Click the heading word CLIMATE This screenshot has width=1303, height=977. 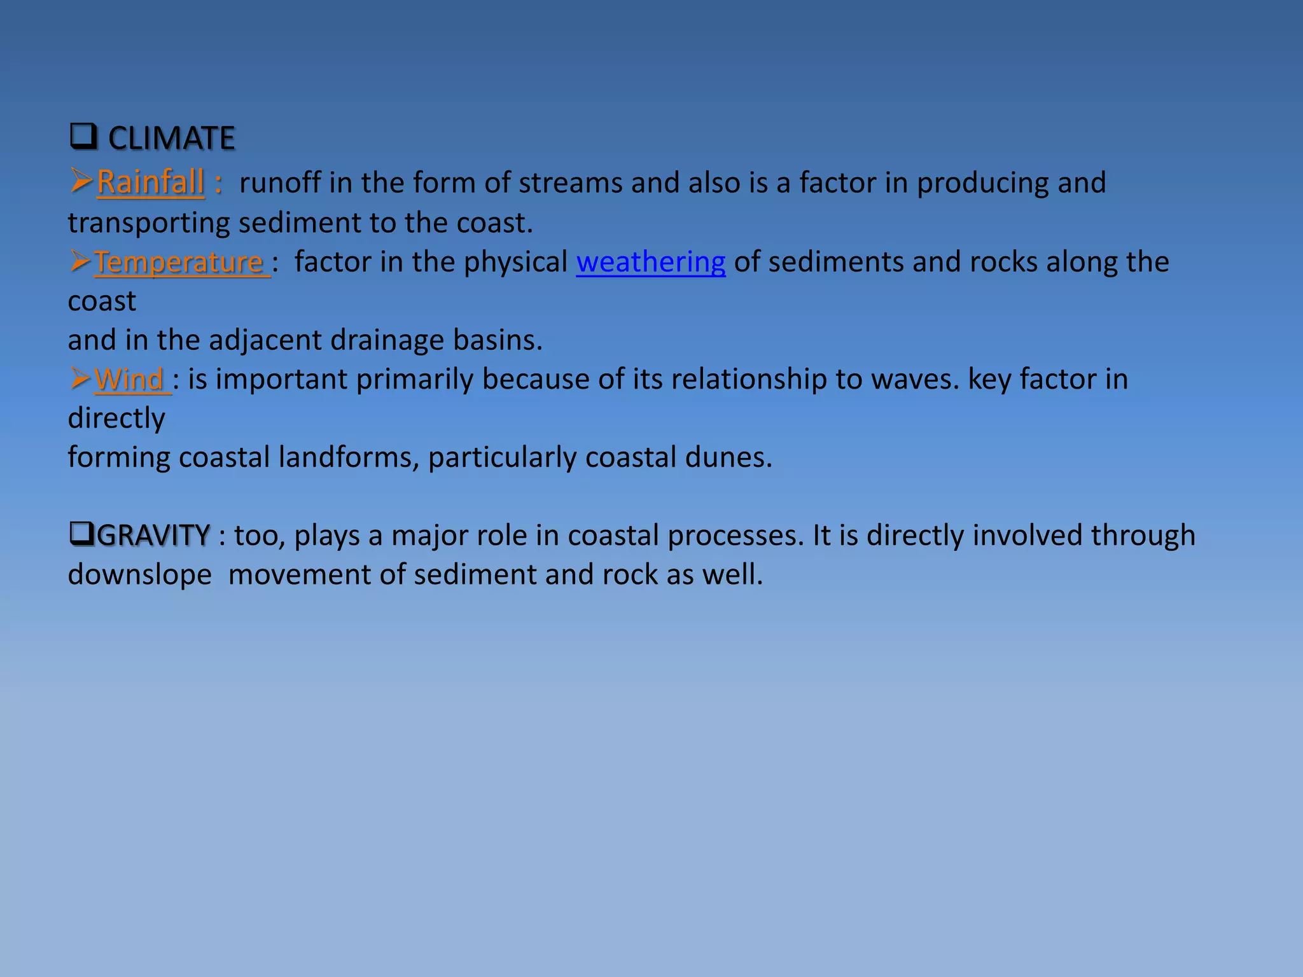click(171, 138)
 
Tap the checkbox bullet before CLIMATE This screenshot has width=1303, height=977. click(83, 137)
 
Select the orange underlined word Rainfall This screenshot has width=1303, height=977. click(150, 183)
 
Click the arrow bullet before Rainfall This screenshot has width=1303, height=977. click(81, 181)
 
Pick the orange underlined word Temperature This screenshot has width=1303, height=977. click(179, 262)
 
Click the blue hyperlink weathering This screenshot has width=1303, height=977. click(650, 262)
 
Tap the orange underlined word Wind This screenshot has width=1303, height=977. click(130, 380)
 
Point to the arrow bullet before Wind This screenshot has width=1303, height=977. click(80, 378)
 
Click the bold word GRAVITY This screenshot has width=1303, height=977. click(153, 536)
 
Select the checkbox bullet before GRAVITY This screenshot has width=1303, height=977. click(82, 534)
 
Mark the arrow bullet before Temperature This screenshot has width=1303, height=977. click(80, 261)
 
